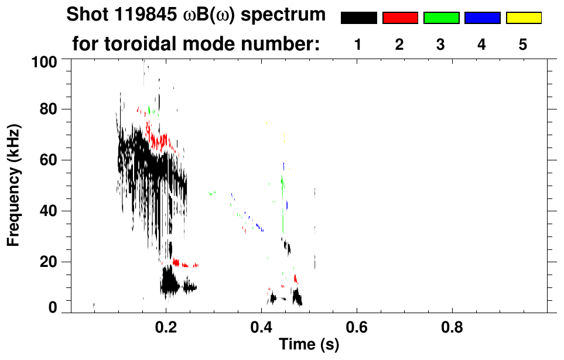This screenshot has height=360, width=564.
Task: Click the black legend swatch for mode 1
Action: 358,18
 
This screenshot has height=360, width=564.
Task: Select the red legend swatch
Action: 400,18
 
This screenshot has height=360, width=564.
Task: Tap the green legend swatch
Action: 441,18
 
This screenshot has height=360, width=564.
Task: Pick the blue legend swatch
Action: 482,18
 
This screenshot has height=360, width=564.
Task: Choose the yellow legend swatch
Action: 524,18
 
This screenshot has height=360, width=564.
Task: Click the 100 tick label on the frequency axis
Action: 44,61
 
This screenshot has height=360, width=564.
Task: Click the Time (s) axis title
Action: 309,345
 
